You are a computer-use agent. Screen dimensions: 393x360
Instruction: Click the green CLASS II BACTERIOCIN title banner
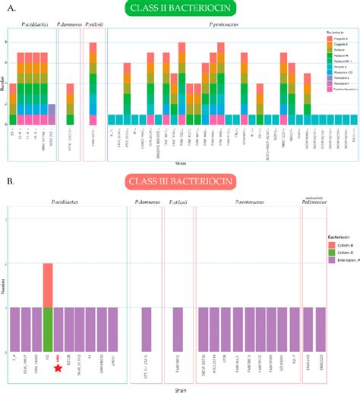click(x=179, y=9)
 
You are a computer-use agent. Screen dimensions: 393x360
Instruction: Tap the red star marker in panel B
click(x=58, y=369)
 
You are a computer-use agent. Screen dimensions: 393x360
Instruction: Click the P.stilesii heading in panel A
click(x=93, y=25)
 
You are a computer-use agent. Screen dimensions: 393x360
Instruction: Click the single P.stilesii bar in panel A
click(x=93, y=83)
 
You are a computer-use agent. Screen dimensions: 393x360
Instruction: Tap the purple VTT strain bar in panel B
click(x=146, y=331)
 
